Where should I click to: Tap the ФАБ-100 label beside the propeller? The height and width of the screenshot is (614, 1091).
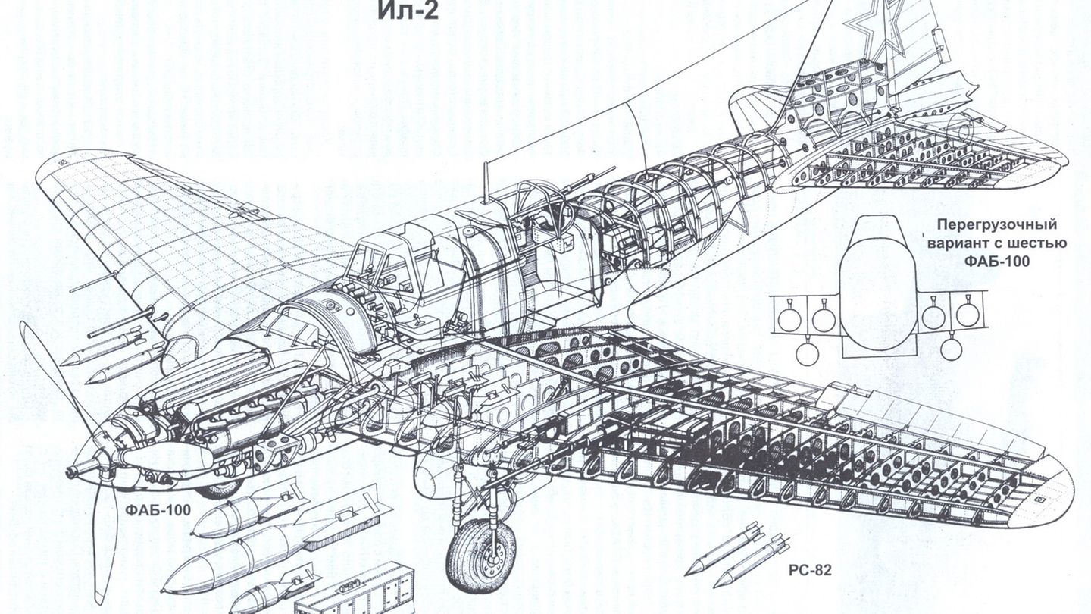156,509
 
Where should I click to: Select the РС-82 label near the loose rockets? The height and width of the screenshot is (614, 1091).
809,570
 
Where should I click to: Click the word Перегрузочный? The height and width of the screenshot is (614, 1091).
996,225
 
